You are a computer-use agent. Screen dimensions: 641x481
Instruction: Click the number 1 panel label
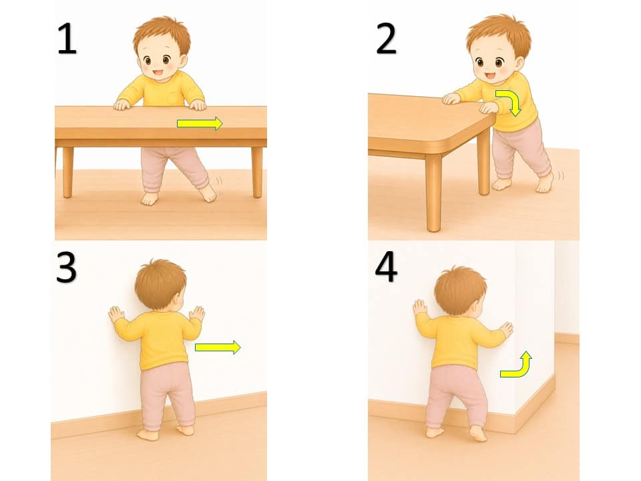pos(67,39)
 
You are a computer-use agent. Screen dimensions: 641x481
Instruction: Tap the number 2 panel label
pos(386,39)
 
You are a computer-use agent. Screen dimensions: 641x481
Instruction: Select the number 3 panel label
pos(66,267)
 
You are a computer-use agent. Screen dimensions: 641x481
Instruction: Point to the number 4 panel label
pos(386,267)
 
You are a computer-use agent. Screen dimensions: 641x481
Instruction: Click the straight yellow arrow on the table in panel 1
pos(200,123)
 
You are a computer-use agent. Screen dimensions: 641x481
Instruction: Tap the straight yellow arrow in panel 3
pos(218,347)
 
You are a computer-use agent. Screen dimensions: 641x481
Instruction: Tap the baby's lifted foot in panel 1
pos(208,193)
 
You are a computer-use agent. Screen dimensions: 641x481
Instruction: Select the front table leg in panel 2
pos(433,192)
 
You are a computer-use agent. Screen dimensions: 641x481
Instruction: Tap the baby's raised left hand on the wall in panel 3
pos(116,314)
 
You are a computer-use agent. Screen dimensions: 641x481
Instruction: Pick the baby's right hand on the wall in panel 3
pos(198,314)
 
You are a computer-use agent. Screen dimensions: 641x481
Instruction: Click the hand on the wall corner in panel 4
pos(507,329)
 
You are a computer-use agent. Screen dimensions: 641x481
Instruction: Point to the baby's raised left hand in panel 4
pos(420,307)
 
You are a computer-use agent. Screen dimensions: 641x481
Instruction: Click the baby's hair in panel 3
pos(160,282)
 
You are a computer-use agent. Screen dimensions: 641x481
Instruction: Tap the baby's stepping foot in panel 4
pos(478,434)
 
